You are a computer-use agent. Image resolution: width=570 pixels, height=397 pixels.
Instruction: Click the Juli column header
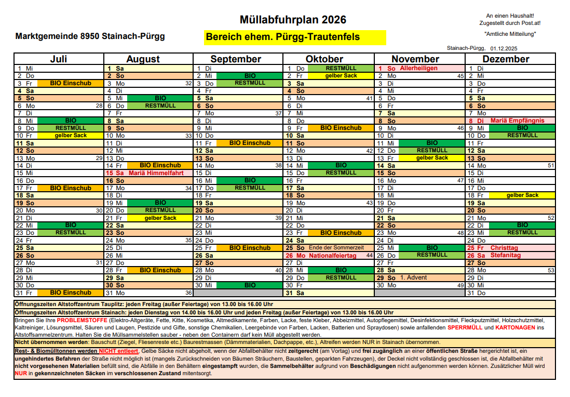pyautogui.click(x=59, y=59)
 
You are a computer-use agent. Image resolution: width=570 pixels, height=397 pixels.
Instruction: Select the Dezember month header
pyautogui.click(x=506, y=59)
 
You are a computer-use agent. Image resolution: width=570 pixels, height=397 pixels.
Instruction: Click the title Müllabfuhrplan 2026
pyautogui.click(x=293, y=20)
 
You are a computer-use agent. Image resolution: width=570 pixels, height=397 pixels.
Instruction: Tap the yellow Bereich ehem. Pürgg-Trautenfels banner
pyautogui.click(x=295, y=37)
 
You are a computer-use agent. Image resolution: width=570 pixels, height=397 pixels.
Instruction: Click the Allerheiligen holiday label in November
pyautogui.click(x=418, y=68)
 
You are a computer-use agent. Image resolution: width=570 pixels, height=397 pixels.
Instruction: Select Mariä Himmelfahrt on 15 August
pyautogui.click(x=156, y=173)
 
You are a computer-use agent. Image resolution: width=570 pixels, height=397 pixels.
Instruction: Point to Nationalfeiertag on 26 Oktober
pyautogui.click(x=333, y=256)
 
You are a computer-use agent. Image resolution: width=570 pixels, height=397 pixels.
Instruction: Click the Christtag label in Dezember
pyautogui.click(x=505, y=248)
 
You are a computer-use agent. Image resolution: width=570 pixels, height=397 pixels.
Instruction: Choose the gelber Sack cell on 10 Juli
pyautogui.click(x=71, y=136)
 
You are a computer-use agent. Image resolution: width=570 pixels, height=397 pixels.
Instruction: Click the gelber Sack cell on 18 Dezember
pyautogui.click(x=523, y=195)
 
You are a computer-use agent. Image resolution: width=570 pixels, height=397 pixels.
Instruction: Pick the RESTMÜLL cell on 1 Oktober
pyautogui.click(x=341, y=68)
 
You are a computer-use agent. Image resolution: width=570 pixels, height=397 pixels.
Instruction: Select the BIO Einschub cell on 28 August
pyautogui.click(x=160, y=270)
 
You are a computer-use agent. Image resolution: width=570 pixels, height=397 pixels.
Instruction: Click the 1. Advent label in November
pyautogui.click(x=413, y=277)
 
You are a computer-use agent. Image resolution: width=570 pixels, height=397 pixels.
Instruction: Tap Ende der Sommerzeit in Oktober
pyautogui.click(x=336, y=248)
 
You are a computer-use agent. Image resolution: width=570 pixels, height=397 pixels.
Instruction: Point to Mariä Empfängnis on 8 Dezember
pyautogui.click(x=518, y=121)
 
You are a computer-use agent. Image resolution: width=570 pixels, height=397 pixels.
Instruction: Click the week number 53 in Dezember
pyautogui.click(x=551, y=270)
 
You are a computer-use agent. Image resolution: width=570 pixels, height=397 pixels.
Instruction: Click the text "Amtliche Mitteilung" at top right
pyautogui.click(x=509, y=34)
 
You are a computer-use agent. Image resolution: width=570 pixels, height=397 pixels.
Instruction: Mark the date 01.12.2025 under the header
pyautogui.click(x=503, y=48)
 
